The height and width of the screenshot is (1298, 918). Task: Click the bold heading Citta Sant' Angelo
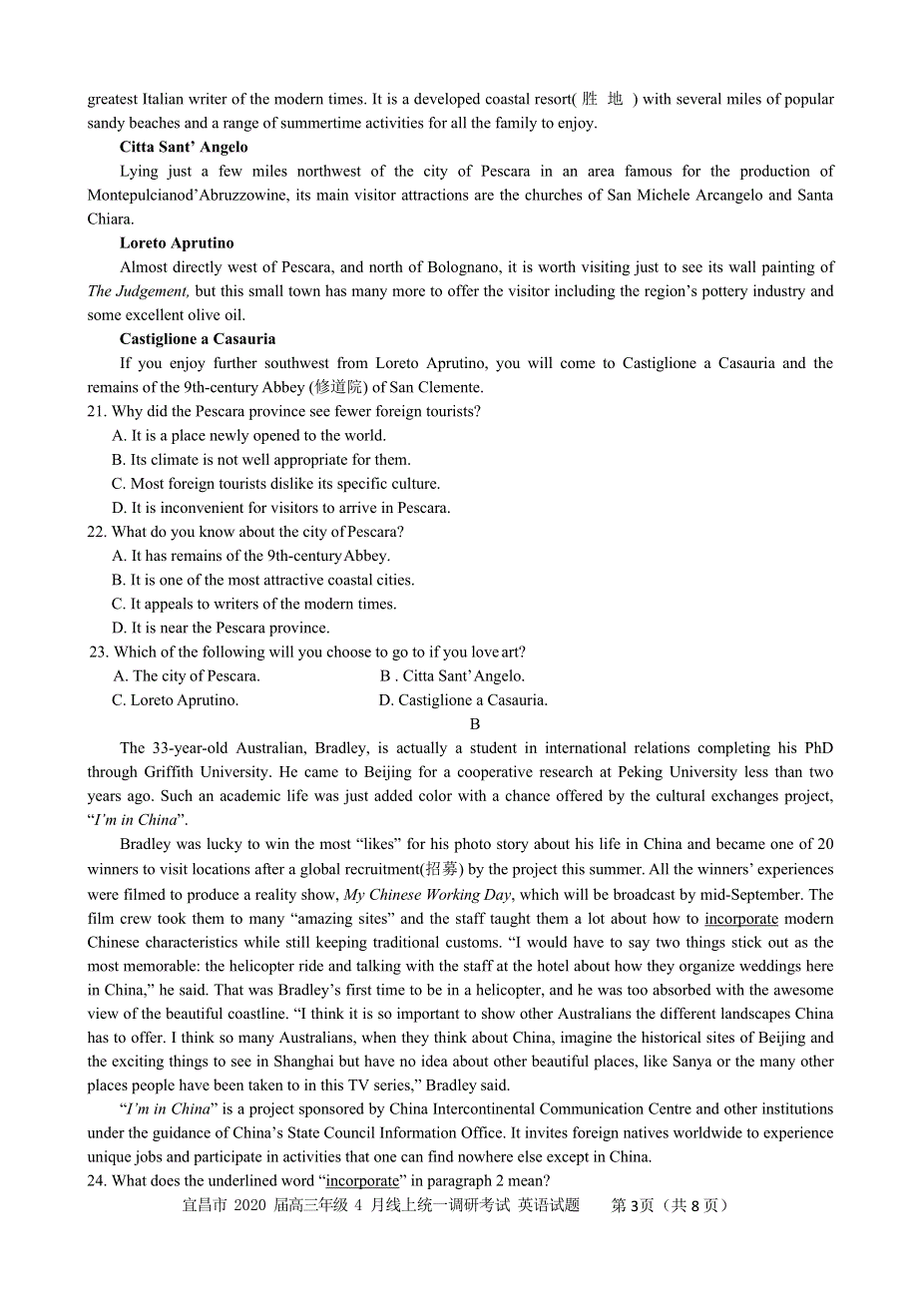point(184,148)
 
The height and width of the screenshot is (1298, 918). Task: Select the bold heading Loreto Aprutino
point(177,243)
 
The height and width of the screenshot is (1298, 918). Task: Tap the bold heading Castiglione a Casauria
point(198,339)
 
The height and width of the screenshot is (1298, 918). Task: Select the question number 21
point(97,411)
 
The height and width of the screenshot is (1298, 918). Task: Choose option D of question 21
point(281,508)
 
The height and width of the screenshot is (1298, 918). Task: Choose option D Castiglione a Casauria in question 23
point(463,700)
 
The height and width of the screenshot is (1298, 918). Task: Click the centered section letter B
point(475,724)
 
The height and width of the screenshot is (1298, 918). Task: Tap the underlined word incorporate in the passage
point(740,919)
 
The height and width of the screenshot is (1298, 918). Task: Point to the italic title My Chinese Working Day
point(427,895)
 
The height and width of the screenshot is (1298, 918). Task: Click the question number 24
point(97,1181)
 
